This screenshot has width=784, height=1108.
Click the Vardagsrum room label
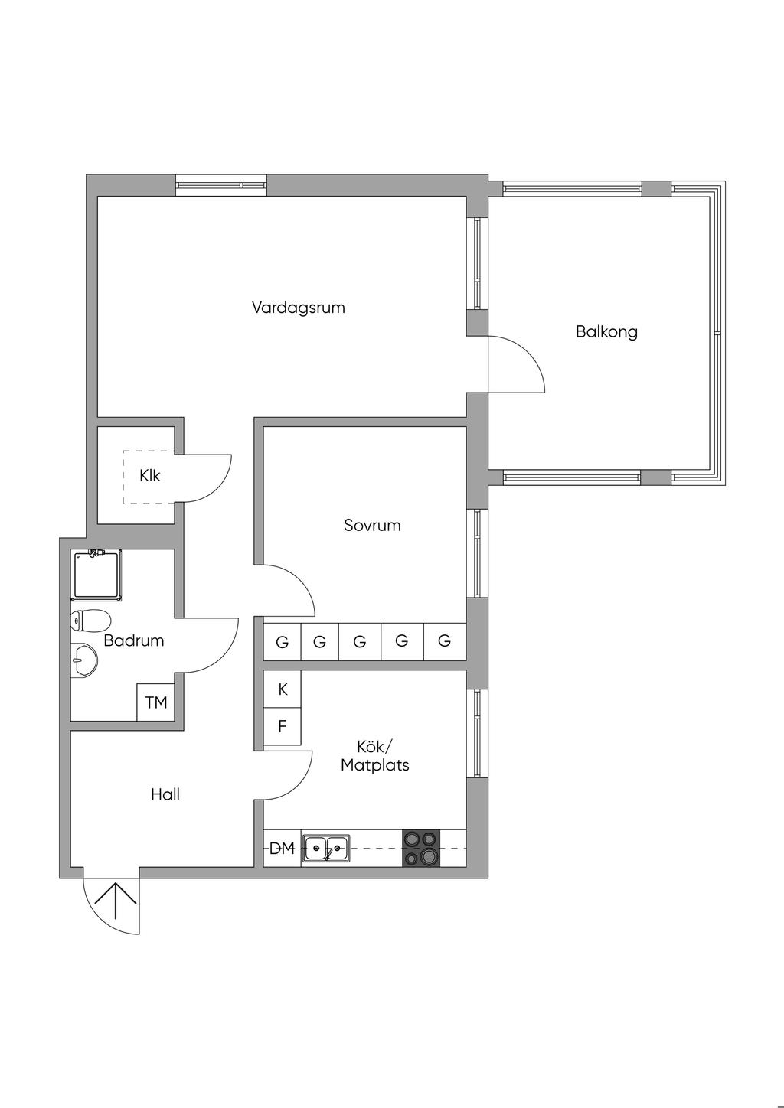298,308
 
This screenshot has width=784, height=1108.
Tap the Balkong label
606,331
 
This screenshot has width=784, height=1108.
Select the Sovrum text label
372,525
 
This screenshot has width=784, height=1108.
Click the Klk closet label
150,475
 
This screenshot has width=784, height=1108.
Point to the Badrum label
134,640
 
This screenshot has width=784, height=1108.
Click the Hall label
165,794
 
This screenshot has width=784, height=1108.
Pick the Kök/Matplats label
375,756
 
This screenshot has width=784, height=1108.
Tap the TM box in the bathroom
156,702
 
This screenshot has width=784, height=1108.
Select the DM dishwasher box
282,848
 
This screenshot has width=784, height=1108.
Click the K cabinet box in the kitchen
283,689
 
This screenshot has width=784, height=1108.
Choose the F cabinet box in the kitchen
283,726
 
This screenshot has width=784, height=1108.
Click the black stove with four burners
422,848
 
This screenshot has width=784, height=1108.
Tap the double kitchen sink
326,848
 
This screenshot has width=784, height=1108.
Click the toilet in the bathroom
90,619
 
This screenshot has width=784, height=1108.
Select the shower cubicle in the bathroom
96,574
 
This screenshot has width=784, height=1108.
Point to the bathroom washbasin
84,660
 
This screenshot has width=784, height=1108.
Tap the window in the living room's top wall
221,185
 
